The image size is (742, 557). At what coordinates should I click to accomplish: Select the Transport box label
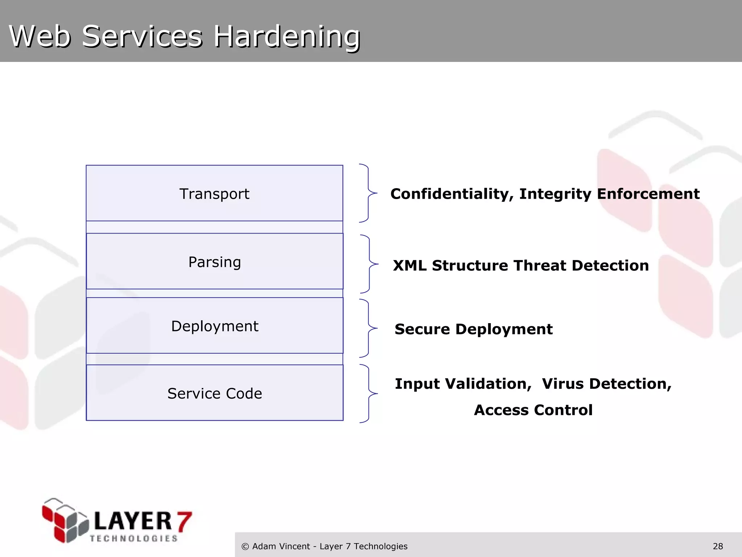tap(214, 194)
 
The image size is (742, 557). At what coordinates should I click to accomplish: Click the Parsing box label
tap(214, 262)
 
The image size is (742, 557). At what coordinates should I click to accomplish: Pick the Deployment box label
tap(214, 326)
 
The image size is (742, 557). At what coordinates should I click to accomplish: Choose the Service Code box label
tap(214, 393)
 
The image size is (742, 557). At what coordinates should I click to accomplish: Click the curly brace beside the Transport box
tap(368, 193)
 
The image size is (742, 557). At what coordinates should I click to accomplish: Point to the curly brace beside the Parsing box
tap(369, 264)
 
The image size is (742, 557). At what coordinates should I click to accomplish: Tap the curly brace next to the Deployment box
tap(368, 328)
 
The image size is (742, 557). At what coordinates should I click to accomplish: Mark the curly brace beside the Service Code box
tap(368, 393)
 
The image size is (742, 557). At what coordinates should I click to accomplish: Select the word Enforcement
tap(648, 194)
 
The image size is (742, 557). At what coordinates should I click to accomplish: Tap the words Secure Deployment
tap(474, 329)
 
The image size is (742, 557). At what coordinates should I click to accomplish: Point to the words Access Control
tap(533, 410)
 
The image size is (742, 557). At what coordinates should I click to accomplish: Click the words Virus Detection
tap(607, 384)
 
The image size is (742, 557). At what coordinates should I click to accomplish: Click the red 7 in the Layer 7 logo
tap(184, 521)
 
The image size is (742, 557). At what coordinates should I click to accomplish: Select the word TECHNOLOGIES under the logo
tap(134, 539)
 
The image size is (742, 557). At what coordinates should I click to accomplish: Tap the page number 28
tap(718, 546)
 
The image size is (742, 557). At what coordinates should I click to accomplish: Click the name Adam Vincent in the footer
tap(281, 546)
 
